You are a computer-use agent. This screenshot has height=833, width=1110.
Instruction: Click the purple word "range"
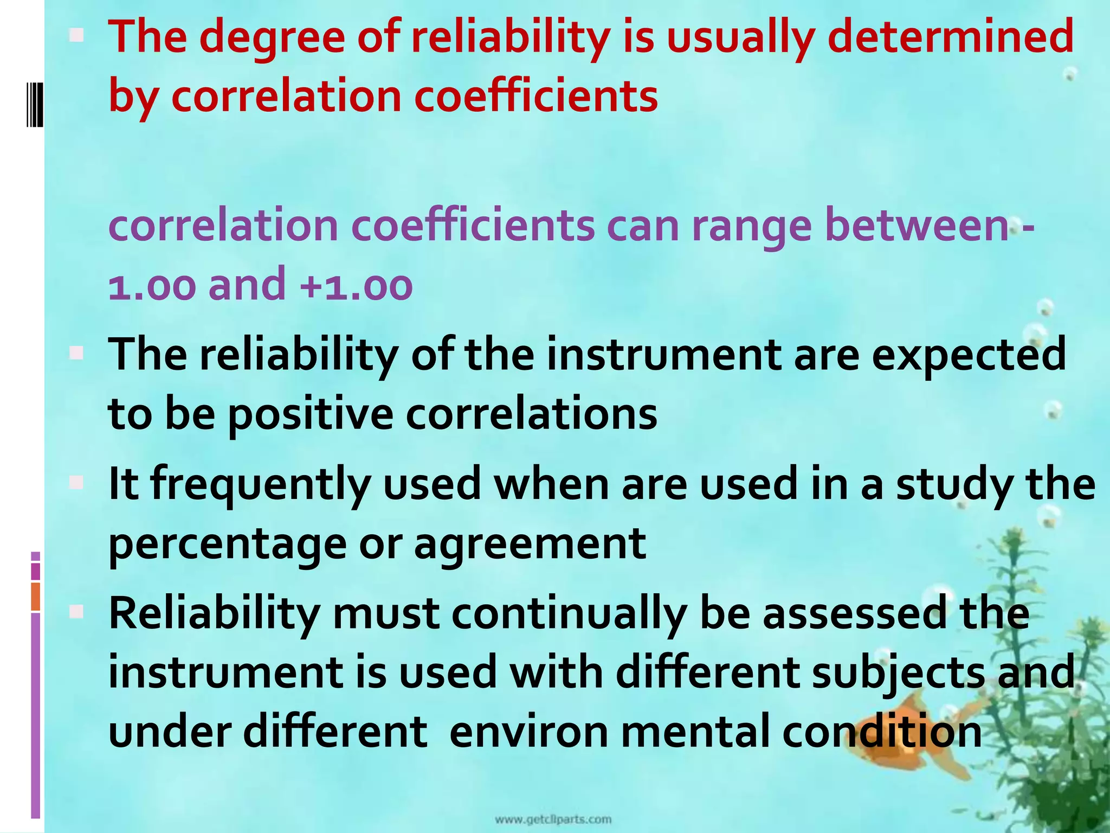[x=751, y=226]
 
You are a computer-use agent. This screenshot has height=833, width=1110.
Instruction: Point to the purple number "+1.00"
[x=356, y=285]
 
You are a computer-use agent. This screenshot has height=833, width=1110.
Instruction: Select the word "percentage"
[x=228, y=543]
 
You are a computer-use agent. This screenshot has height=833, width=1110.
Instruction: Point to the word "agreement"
[x=530, y=543]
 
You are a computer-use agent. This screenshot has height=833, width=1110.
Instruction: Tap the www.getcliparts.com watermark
[x=553, y=819]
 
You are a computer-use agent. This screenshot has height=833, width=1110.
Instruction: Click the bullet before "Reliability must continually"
[x=76, y=612]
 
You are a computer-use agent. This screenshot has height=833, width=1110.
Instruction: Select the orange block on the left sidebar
[x=36, y=597]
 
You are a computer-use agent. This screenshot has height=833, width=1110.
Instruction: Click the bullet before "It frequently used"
[x=76, y=482]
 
